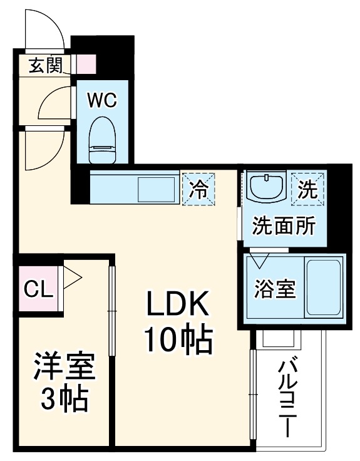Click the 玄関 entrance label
click(x=46, y=64)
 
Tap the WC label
click(x=101, y=100)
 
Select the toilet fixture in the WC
click(x=101, y=139)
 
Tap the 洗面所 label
click(x=283, y=225)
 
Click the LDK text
click(x=177, y=305)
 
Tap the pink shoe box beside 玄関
click(x=86, y=64)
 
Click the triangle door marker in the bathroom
click(x=258, y=258)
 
